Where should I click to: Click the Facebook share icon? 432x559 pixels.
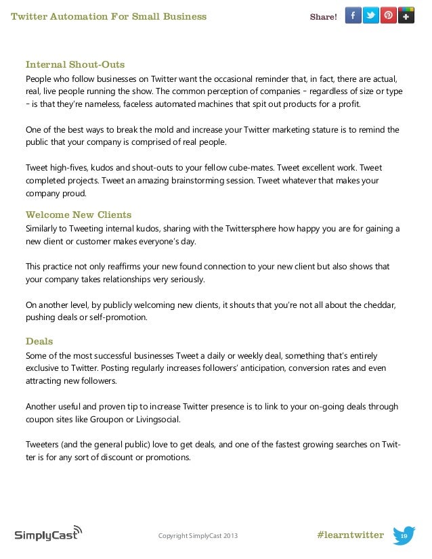coord(353,16)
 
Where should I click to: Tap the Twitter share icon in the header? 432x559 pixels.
coord(370,16)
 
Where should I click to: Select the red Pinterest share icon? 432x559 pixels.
coord(389,16)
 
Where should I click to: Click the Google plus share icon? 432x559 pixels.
coord(406,16)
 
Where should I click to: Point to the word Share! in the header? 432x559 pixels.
coord(323,17)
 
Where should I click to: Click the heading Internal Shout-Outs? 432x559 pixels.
coord(75,65)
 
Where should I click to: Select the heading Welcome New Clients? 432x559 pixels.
coord(79,215)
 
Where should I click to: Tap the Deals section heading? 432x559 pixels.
coord(39,341)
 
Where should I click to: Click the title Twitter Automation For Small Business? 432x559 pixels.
coord(109,16)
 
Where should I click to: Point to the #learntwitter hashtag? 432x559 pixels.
coord(350,535)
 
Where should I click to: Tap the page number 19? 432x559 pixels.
coord(404,537)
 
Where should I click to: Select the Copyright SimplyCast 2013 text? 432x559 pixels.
coord(198,537)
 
